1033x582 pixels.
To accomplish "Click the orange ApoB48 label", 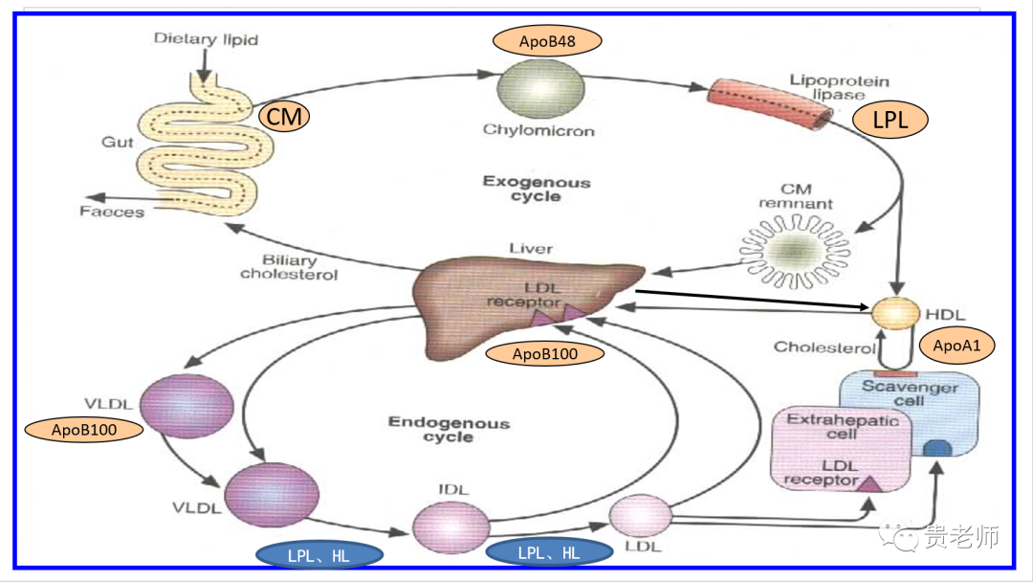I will pos(547,41).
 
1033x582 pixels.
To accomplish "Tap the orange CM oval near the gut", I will pos(284,118).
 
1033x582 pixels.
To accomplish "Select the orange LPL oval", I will pos(889,120).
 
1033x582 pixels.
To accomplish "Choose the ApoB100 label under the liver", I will pos(545,354).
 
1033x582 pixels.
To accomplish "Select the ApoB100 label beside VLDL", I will pos(85,430).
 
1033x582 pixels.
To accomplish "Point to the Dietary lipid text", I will pos(206,40).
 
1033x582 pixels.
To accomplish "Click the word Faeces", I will pos(112,212).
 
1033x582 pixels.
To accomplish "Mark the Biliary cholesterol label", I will pos(289,267).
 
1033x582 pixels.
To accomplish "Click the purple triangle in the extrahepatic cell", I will pos(871,482).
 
